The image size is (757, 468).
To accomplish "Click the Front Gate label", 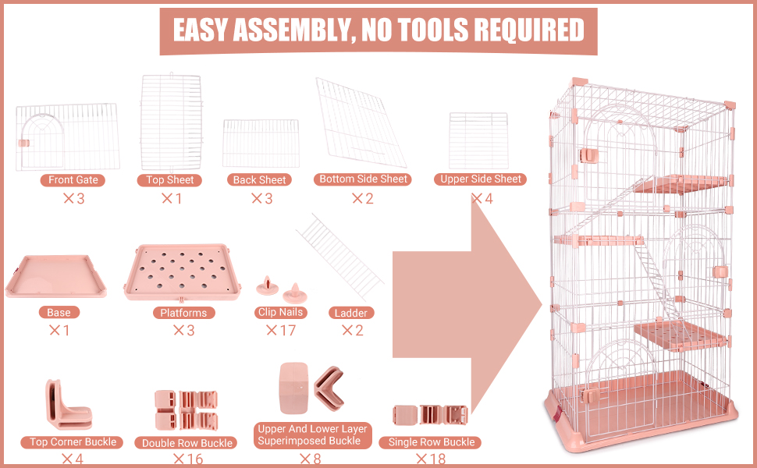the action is [73, 180].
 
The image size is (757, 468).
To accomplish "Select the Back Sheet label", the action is [259, 180].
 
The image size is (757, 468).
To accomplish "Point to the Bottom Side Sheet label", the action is [363, 179].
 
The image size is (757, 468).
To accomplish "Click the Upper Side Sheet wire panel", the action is [478, 140].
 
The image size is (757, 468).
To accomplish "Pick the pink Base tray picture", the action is [56, 276].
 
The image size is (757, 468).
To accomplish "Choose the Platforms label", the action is [183, 313].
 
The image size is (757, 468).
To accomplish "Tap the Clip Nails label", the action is [280, 312].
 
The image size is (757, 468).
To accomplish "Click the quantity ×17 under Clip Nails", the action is [281, 331].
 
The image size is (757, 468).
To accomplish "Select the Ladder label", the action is [351, 313].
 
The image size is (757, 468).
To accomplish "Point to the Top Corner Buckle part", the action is [69, 404].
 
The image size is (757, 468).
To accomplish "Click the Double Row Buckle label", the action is [187, 443].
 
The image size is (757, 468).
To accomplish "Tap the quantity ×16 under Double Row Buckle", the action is [188, 459].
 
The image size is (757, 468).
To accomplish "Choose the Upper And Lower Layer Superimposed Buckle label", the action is [312, 434].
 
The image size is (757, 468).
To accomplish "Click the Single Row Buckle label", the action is [431, 442].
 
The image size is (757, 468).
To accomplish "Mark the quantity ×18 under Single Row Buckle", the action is [431, 459].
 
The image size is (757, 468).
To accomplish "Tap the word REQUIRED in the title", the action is [529, 30].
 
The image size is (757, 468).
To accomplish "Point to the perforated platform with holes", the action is [182, 272].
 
